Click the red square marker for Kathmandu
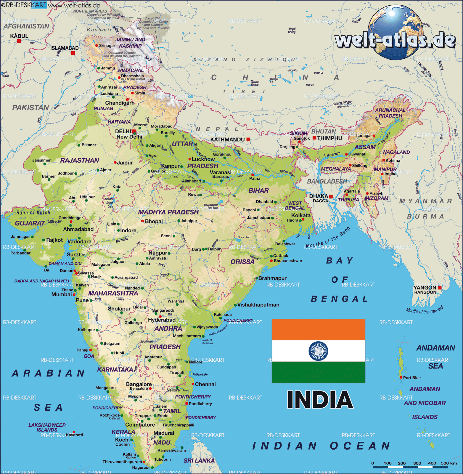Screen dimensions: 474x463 point(248,139)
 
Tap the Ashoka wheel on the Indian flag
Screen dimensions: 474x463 point(318,351)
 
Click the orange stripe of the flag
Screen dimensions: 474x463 point(318,329)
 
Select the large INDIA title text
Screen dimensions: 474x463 point(320,400)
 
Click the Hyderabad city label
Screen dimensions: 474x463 point(162,320)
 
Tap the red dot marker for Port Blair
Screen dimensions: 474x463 point(401,377)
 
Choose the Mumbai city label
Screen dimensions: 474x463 point(62,294)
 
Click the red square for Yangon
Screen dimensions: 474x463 point(440,288)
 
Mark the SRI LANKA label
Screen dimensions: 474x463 point(199,460)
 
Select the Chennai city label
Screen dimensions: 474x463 point(205,384)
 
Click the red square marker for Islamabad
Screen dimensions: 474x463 point(73,53)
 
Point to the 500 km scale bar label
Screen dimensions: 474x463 point(448,463)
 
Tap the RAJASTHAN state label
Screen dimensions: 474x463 point(80,160)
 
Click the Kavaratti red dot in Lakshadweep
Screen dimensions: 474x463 point(74,432)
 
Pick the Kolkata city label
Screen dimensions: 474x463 point(301,215)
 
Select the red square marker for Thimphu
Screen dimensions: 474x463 point(315,138)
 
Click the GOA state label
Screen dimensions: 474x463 point(89,356)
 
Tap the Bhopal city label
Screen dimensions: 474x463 point(154,221)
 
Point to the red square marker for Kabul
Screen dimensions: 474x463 point(19,41)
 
